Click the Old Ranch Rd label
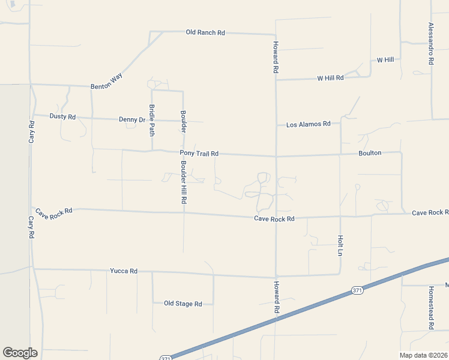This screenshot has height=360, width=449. pyautogui.click(x=205, y=32)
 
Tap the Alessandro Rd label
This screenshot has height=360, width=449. pyautogui.click(x=430, y=44)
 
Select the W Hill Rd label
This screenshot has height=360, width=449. pyautogui.click(x=330, y=78)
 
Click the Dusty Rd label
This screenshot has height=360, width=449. pyautogui.click(x=62, y=116)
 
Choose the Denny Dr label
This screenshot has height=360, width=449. pyautogui.click(x=132, y=119)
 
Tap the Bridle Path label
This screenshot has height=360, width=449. pyautogui.click(x=152, y=119)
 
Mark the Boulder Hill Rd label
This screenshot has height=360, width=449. pyautogui.click(x=184, y=181)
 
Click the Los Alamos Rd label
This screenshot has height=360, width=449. pyautogui.click(x=309, y=124)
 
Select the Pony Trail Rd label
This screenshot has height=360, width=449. pyautogui.click(x=199, y=154)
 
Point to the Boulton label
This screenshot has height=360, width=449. pyautogui.click(x=370, y=153)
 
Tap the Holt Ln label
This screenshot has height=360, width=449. pyautogui.click(x=340, y=245)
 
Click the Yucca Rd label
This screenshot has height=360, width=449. pyautogui.click(x=124, y=271)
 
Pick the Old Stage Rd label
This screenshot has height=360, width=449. pyautogui.click(x=182, y=304)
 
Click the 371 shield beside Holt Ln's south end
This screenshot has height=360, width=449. pyautogui.click(x=357, y=290)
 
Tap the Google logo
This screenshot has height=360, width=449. pyautogui.click(x=20, y=353)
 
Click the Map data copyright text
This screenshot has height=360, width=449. pyautogui.click(x=424, y=355)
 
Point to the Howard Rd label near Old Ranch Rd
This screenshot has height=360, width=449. pyautogui.click(x=276, y=58)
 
